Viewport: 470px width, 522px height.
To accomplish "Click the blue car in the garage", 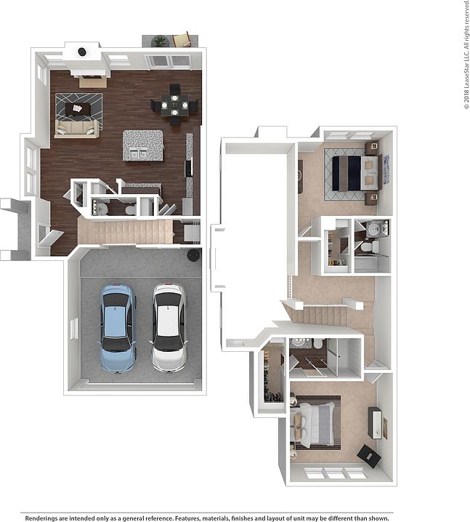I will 118,328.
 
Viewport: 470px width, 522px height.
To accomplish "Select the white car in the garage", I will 169,327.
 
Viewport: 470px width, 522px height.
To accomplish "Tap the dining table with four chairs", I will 174,106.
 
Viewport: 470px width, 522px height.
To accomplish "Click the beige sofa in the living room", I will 76,129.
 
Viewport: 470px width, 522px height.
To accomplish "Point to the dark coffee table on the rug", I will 78,109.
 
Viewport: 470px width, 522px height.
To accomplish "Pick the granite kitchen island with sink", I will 142,145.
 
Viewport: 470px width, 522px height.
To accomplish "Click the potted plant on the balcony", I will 159,41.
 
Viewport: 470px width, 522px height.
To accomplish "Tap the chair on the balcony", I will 182,39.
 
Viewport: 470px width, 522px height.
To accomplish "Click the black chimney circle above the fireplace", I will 82,52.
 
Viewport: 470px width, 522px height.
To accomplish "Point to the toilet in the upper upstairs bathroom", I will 369,247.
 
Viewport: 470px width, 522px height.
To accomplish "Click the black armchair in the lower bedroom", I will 368,456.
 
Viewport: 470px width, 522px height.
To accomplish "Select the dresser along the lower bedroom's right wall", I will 376,422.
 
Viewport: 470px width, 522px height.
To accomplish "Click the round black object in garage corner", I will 193,254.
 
